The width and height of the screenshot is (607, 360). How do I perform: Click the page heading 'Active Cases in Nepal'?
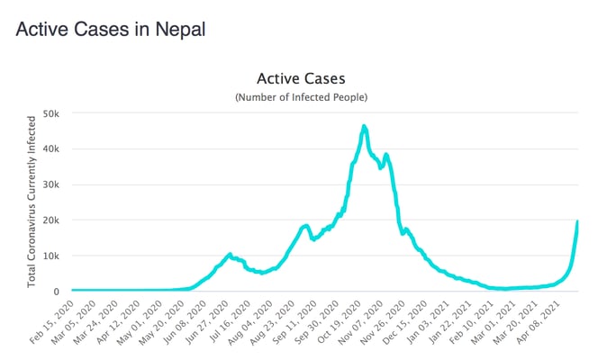(111, 29)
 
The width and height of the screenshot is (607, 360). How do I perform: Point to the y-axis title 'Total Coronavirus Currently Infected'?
(32, 201)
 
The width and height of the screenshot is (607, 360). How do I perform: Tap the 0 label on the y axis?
(56, 291)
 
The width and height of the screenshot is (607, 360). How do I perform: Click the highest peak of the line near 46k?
(364, 126)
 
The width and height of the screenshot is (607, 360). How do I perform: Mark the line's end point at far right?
(577, 221)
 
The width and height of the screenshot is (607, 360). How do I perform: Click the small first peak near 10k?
(230, 255)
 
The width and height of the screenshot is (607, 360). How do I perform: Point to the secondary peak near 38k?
(386, 155)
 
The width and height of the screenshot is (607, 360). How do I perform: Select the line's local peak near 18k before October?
(306, 225)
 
